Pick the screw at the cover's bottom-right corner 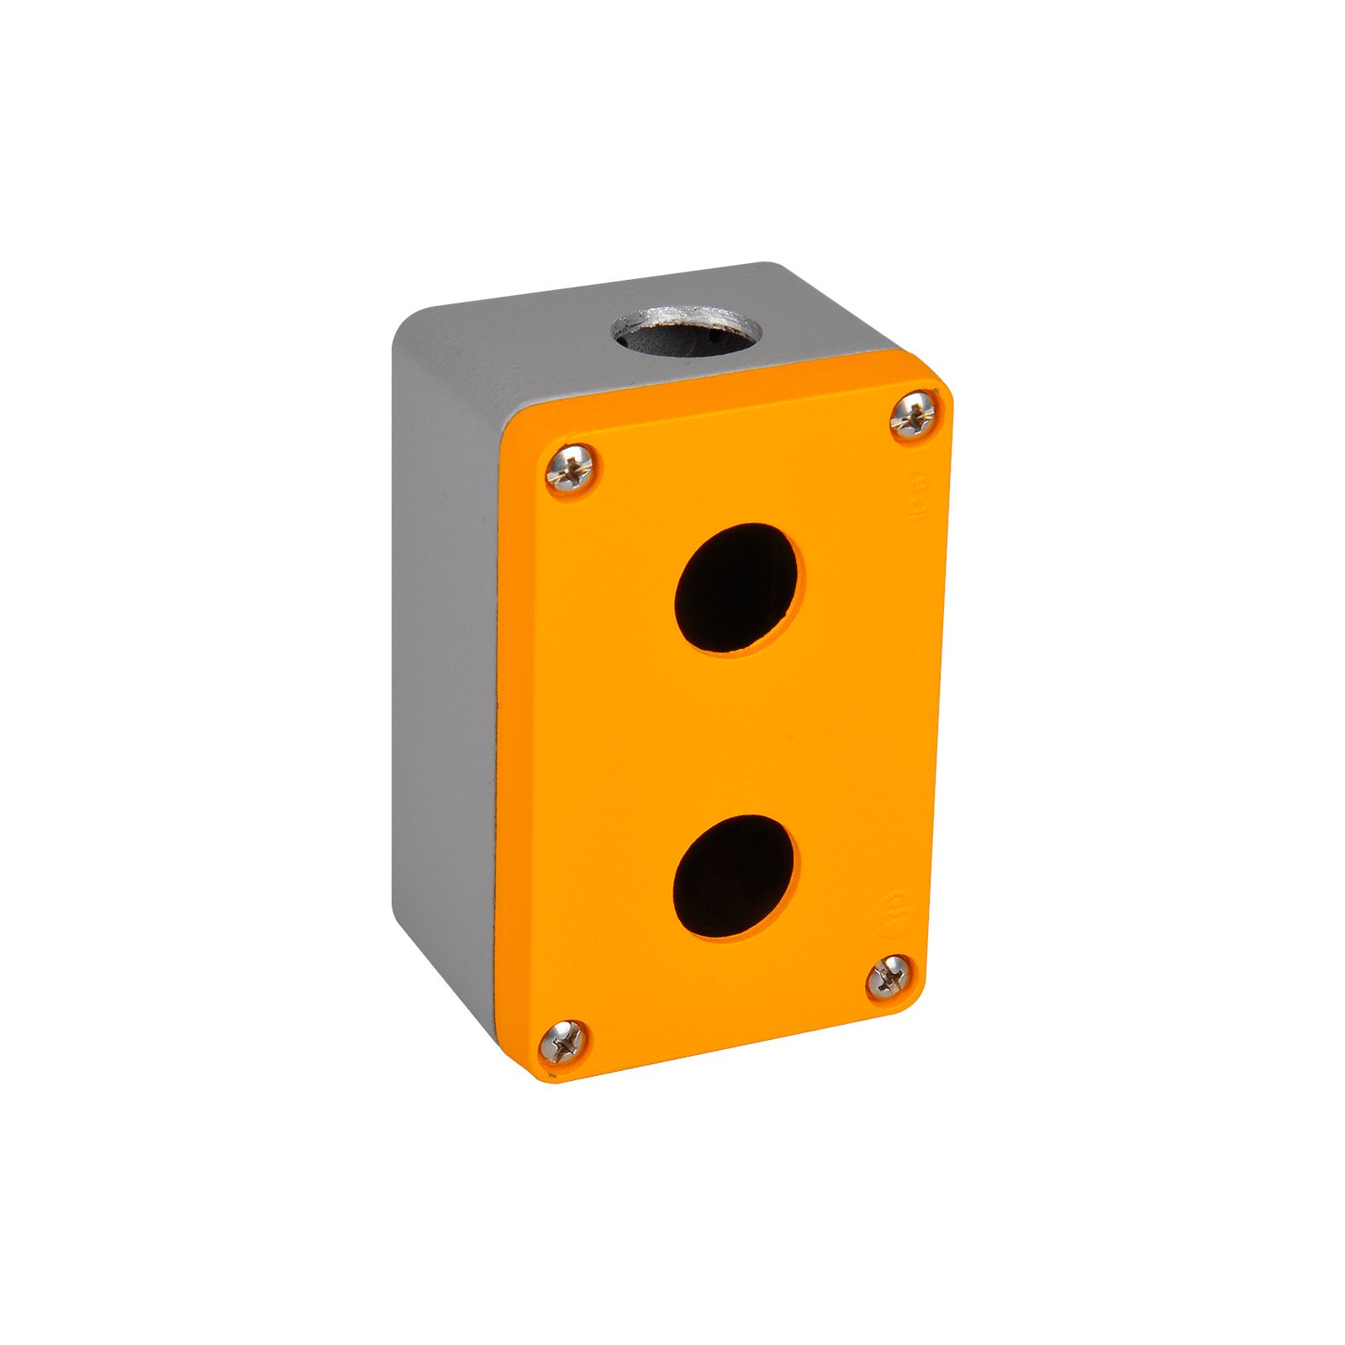point(889,978)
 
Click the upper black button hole point(736,588)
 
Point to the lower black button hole point(735,876)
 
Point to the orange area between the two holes point(731,731)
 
